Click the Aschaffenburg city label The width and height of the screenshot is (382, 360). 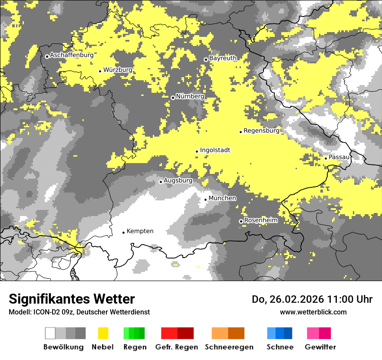72,55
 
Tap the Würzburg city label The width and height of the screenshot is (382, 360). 118,70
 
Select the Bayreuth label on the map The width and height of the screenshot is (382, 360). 223,58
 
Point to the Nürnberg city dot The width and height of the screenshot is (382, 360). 173,98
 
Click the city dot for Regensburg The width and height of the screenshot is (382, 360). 240,132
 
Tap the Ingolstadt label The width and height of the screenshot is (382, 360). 215,150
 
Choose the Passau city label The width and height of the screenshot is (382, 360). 339,157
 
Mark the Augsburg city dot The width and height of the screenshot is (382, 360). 161,182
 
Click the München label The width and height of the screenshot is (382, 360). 222,198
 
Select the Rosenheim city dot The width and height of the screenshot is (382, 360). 241,222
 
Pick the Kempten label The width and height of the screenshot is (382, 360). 140,231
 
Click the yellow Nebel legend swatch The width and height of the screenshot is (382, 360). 103,333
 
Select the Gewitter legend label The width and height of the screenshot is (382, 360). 320,347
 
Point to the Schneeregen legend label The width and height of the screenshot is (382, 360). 229,347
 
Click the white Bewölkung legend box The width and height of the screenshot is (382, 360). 50,333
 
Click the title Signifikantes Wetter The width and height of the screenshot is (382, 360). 72,299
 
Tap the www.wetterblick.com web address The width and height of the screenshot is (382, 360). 313,312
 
